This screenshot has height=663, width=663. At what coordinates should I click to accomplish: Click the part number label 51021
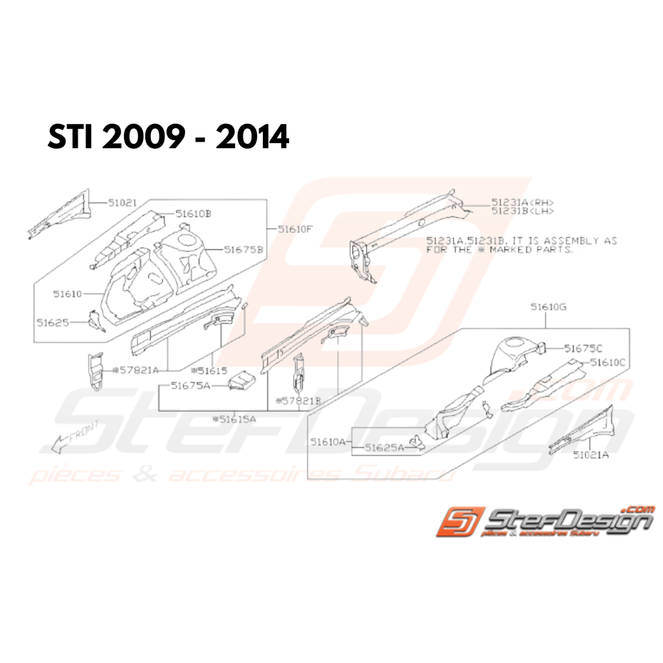coord(123,202)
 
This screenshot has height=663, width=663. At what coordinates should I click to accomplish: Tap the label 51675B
coord(244,249)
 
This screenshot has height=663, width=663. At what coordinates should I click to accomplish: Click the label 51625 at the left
coord(53,322)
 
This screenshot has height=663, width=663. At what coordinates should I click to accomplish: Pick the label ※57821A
coord(140,370)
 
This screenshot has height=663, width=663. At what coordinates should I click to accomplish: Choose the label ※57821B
coord(301,401)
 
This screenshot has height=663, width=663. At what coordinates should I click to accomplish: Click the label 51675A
coord(192,386)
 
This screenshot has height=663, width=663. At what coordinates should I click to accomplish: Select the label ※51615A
coord(234,419)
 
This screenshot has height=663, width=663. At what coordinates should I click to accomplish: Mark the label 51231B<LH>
coord(522,211)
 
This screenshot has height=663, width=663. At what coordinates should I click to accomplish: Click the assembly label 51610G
coord(547,307)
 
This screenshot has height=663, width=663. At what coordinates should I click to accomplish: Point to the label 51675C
coord(583,348)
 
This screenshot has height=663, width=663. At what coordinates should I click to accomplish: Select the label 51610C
coord(607,362)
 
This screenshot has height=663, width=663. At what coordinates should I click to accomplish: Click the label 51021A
coord(591,454)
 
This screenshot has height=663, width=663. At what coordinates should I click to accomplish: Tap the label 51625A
coord(384,448)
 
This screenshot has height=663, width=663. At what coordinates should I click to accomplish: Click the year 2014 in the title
coord(254,137)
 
